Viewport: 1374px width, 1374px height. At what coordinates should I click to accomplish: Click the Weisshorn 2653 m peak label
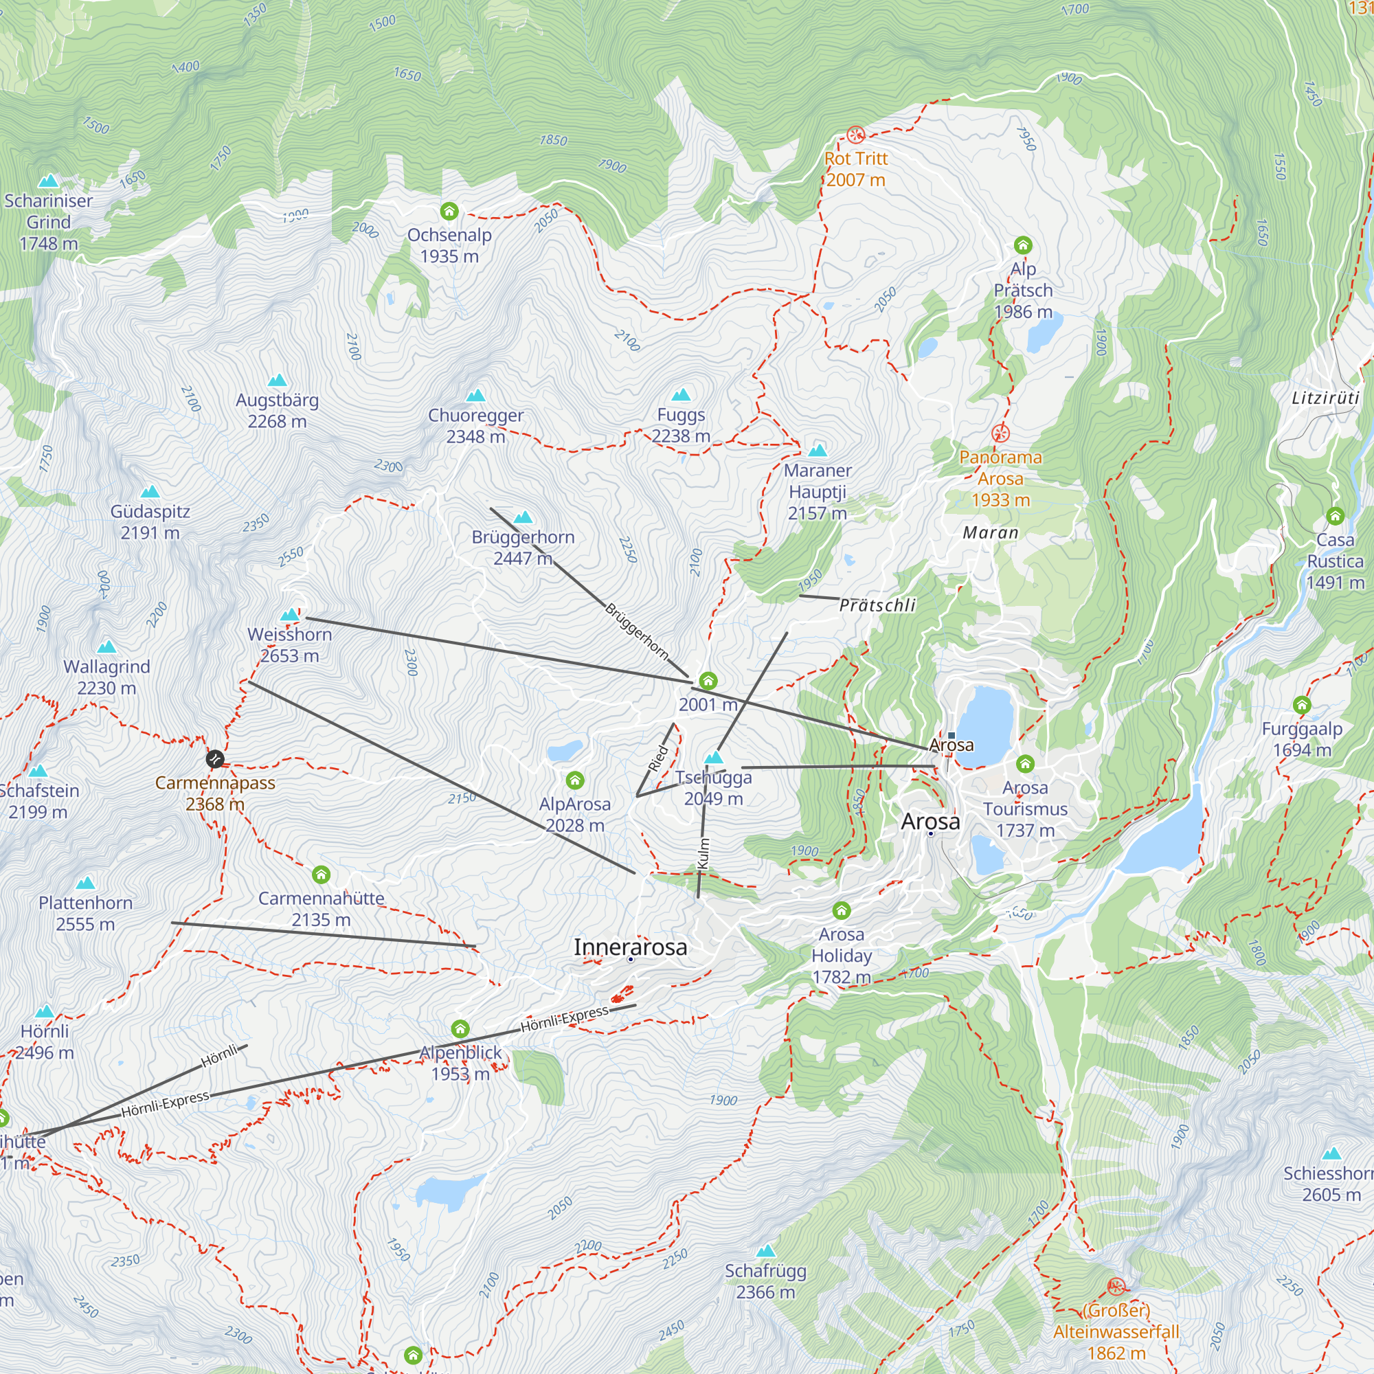click(289, 644)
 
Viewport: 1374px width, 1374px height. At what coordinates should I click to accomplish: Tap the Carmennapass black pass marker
click(215, 759)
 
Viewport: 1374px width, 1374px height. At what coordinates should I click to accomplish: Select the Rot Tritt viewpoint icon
click(855, 134)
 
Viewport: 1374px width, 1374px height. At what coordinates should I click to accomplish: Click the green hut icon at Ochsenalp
click(449, 211)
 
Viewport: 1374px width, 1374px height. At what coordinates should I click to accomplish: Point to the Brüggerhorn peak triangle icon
click(523, 517)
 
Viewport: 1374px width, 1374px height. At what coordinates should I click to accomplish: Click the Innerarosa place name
click(630, 947)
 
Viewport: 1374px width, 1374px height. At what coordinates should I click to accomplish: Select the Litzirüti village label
click(1325, 398)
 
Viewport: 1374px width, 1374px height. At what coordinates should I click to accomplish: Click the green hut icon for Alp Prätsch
click(1023, 245)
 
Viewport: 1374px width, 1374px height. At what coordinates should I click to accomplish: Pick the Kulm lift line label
click(703, 853)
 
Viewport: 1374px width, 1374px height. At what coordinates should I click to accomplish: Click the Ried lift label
click(659, 758)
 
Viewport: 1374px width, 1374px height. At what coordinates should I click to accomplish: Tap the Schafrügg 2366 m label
click(765, 1281)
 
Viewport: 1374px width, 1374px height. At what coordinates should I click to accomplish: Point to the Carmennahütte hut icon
click(322, 874)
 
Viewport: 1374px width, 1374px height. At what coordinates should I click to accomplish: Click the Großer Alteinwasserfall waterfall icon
click(1116, 1286)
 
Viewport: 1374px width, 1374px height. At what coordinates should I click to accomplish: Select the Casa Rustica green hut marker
click(1335, 516)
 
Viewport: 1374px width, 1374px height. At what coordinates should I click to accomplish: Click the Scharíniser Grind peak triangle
click(48, 181)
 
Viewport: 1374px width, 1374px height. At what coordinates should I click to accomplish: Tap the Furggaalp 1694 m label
click(1301, 739)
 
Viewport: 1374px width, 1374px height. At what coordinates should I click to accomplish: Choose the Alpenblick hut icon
click(460, 1028)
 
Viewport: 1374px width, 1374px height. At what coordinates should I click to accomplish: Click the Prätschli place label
click(877, 605)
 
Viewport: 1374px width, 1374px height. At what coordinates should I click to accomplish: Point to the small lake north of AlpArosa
click(565, 750)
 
